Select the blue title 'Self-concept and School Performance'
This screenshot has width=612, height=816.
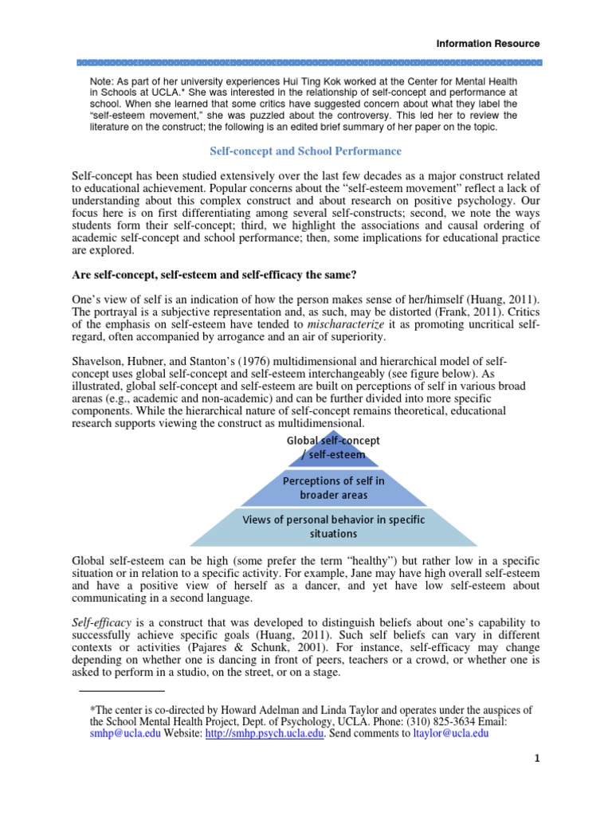(x=305, y=150)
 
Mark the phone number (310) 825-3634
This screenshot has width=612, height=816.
(x=433, y=721)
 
